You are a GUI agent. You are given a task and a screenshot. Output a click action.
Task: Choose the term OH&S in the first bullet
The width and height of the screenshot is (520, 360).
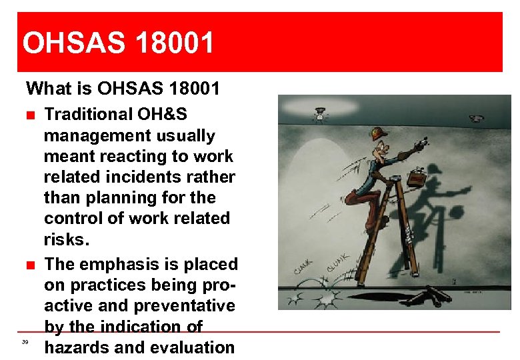click(x=175, y=115)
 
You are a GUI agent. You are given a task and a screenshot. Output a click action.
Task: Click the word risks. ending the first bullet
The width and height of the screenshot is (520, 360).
click(x=68, y=239)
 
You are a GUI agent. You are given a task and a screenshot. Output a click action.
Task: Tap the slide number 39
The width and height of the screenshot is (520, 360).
click(x=25, y=342)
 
